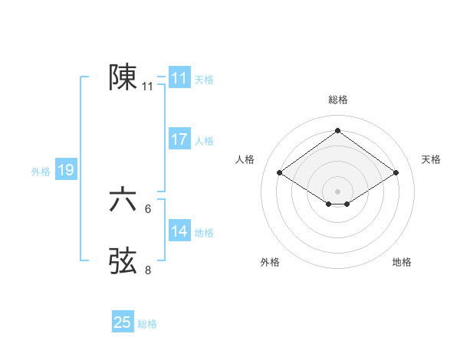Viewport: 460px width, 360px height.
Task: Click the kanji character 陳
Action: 123,77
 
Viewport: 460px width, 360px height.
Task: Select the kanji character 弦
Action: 123,261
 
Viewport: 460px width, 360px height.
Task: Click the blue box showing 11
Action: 179,78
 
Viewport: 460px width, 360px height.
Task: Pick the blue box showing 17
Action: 179,139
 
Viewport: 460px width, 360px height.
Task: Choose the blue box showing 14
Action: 179,231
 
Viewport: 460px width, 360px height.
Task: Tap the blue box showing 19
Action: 66,170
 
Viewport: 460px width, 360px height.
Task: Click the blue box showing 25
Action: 123,322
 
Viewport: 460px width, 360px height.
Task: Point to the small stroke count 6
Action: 148,208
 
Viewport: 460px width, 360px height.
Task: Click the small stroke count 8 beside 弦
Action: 148,270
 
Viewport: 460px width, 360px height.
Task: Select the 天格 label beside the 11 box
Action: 204,80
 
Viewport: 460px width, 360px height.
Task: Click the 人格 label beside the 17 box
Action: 204,141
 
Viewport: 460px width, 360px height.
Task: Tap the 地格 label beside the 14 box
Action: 204,233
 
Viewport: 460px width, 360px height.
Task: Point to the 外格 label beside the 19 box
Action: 41,172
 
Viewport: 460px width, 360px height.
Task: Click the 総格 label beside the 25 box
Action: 147,324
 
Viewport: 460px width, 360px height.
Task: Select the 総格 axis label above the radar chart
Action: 337,100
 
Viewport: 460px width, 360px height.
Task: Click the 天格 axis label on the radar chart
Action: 431,159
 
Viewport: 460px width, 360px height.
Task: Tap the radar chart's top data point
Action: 337,131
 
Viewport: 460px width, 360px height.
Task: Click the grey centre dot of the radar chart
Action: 337,191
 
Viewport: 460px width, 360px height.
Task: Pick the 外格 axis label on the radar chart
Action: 270,262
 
